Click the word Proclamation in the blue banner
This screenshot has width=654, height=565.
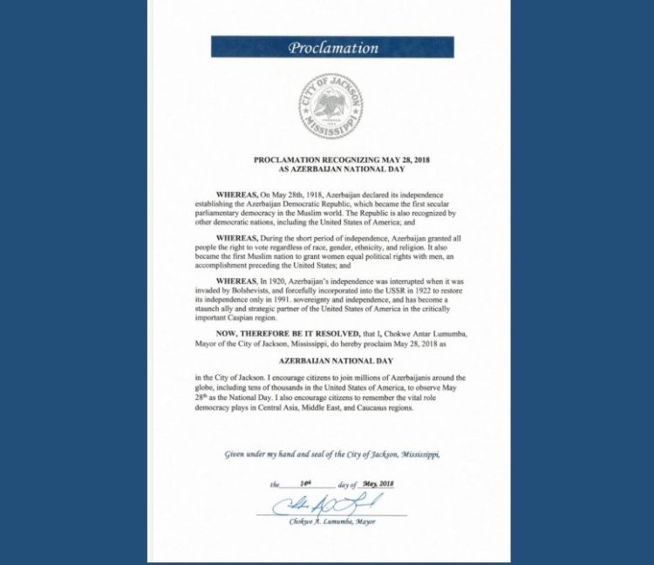click(333, 48)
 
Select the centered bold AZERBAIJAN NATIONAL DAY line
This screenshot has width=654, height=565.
click(336, 360)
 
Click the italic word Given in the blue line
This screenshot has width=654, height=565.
click(236, 455)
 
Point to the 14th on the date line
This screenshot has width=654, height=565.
click(304, 484)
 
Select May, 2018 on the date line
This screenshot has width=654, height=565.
click(376, 484)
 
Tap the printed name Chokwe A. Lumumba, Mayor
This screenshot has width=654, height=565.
click(332, 521)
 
